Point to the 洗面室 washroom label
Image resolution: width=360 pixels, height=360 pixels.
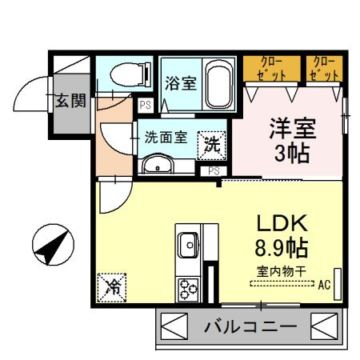pos(166,136)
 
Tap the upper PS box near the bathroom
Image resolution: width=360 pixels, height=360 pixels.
pos(146,105)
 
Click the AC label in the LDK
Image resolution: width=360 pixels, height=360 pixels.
pos(324,284)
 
